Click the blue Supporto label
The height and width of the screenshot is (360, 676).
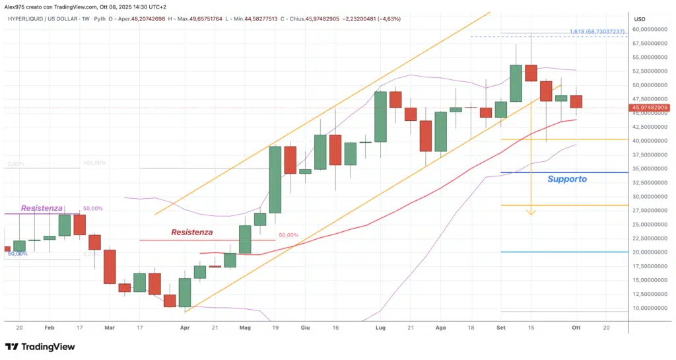(x=567, y=178)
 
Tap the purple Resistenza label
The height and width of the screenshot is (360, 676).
(x=41, y=208)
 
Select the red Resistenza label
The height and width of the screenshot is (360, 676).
(x=191, y=232)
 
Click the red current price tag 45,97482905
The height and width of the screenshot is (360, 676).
(x=650, y=107)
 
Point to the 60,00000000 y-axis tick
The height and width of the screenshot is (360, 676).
(x=650, y=30)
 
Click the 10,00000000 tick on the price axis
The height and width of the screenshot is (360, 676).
(x=650, y=308)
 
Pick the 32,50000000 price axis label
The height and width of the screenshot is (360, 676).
(x=650, y=182)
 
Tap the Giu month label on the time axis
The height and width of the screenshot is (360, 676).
(x=305, y=327)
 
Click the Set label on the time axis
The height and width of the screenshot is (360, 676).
(x=500, y=327)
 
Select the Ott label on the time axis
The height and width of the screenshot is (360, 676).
(x=576, y=327)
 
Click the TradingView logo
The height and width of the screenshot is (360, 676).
(x=40, y=347)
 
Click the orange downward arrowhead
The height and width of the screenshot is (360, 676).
(x=531, y=213)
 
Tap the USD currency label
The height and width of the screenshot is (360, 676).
(x=640, y=19)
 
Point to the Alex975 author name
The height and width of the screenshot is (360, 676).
(x=16, y=6)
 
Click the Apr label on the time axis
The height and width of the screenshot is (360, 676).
(x=185, y=327)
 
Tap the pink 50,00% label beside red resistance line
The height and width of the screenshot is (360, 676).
(x=288, y=235)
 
